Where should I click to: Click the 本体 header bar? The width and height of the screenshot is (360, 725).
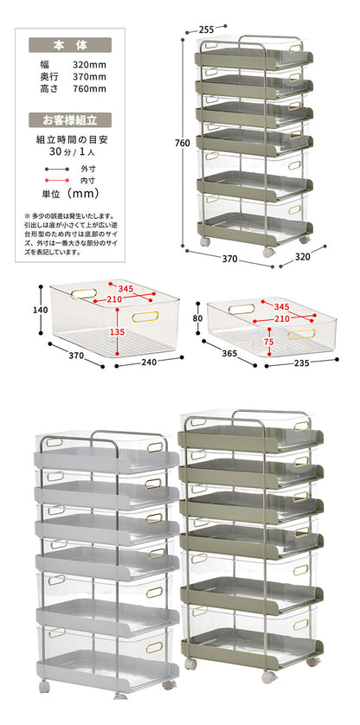pos(70,45)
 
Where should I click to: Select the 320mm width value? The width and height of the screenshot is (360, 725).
pos(89,65)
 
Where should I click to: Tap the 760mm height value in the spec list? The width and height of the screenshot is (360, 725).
pos(89,89)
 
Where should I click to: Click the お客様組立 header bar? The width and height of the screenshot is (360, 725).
pos(70,120)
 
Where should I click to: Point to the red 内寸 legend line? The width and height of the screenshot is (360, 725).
pos(56,180)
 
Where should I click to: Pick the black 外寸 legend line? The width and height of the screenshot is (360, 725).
pos(56,169)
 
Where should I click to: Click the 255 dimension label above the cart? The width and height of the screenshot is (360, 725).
pos(206,29)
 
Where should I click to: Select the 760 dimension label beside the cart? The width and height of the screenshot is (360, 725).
pos(183,144)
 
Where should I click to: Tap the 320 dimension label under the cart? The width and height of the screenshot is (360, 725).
pos(302,257)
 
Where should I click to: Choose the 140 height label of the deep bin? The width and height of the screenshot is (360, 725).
pos(41,310)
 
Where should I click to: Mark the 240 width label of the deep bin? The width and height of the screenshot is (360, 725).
pos(149,362)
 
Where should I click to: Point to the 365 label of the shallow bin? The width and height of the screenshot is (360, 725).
pos(229,353)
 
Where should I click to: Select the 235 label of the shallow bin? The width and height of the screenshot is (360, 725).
pos(301,362)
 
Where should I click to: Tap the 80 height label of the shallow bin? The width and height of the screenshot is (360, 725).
pos(197,318)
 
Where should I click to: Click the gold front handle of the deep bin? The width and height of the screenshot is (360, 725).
pos(145,317)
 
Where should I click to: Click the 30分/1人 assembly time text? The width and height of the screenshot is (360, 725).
pos(70,151)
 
